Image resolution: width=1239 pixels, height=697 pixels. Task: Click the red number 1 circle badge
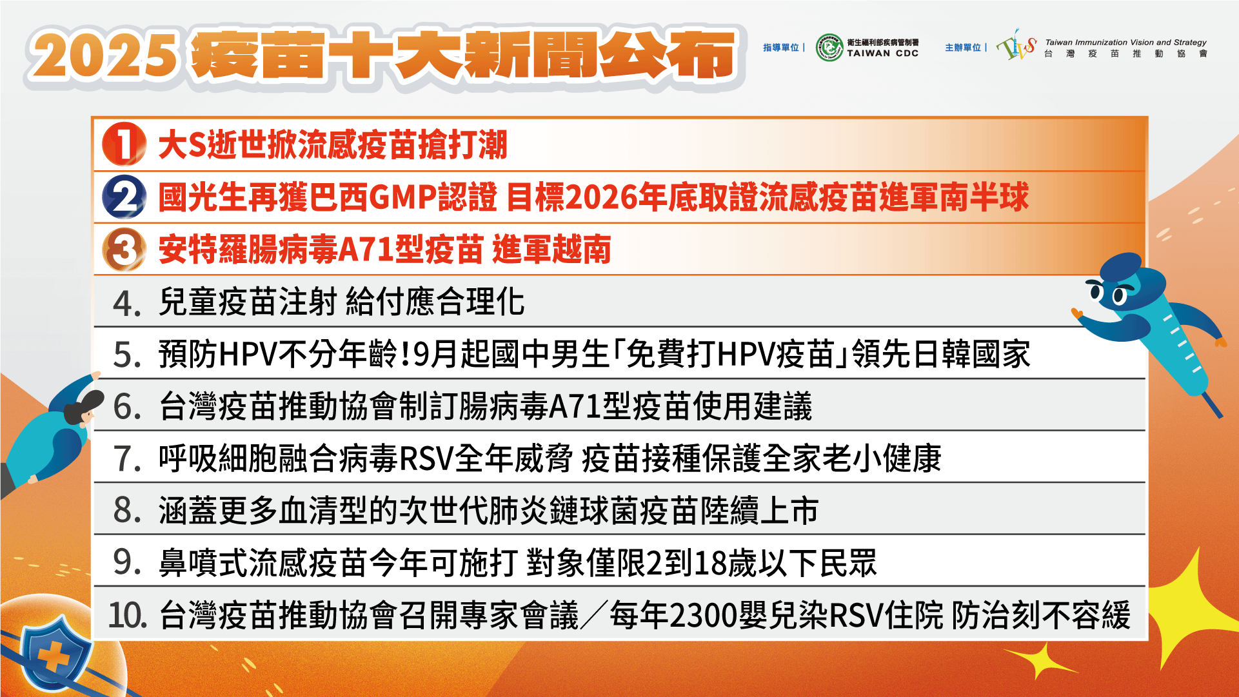124,144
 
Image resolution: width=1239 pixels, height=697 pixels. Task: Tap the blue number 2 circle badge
124,197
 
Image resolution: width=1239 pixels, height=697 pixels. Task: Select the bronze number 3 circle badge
124,250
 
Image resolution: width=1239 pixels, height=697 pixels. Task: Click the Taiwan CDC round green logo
829,48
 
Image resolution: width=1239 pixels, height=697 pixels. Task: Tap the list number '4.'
127,303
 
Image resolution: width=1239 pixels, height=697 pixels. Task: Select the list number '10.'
127,615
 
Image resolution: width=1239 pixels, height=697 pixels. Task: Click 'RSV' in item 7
426,459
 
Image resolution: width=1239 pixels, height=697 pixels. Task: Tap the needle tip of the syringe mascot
1218,413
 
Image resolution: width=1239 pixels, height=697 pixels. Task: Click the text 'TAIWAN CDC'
882,54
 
